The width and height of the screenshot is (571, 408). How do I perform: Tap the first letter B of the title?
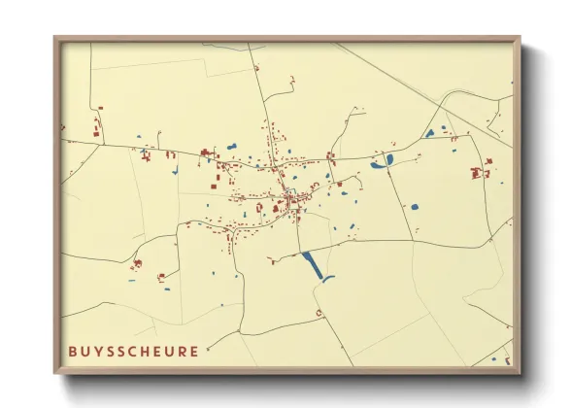click(73, 351)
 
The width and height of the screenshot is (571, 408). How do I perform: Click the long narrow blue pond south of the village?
click(313, 265)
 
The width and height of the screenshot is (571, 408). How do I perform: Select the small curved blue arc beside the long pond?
click(328, 279)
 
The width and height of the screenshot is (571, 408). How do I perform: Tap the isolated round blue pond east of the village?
click(415, 206)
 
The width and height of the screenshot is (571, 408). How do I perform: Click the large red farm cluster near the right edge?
click(479, 172)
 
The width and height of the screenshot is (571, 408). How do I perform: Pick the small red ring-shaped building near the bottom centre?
click(319, 313)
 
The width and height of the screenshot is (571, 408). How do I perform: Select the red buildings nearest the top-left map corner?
click(96, 130)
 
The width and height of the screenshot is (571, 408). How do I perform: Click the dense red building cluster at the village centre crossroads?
click(289, 202)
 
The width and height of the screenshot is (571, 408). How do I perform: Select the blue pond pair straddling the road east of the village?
click(382, 161)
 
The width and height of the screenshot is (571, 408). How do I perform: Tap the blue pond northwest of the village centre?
click(231, 147)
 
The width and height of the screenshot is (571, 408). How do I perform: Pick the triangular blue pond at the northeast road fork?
click(428, 132)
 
